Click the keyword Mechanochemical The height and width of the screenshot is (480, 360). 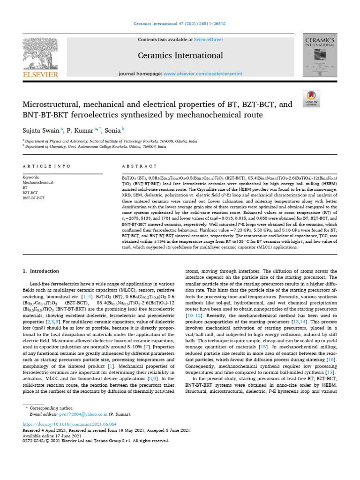[x=38, y=182]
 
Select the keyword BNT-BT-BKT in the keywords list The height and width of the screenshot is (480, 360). [x=34, y=197]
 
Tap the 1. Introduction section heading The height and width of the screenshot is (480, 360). [x=41, y=271]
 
